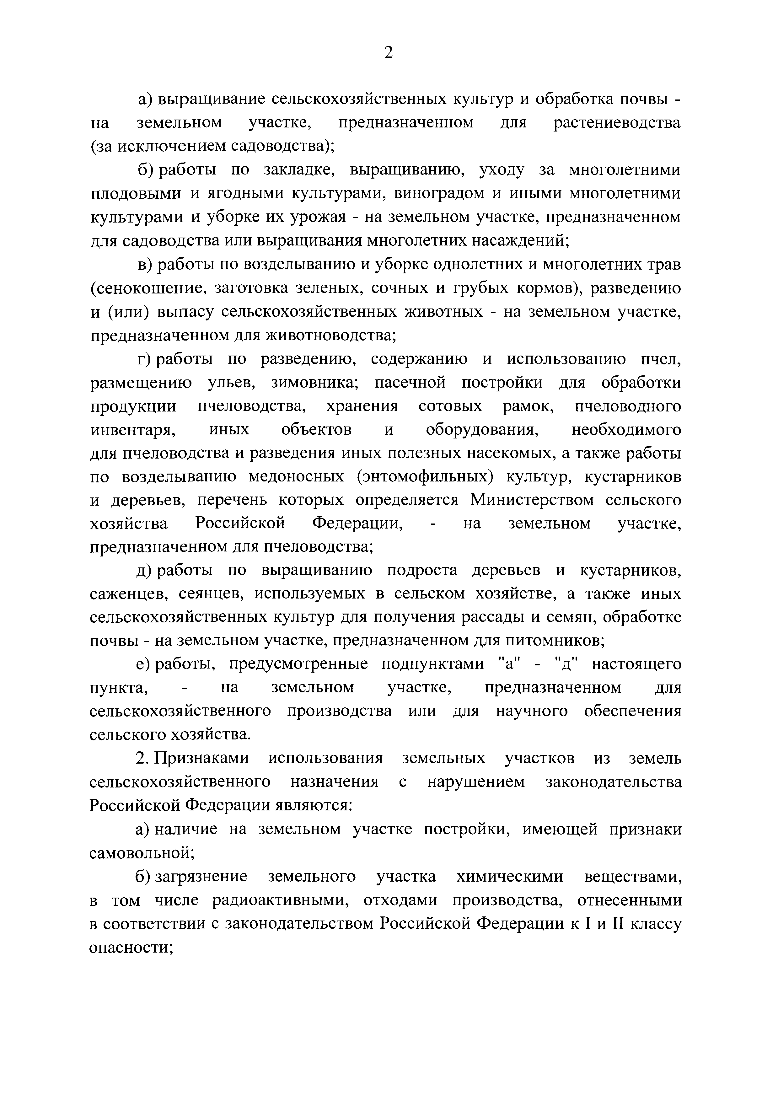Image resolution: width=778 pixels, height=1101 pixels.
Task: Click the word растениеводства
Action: [x=617, y=123]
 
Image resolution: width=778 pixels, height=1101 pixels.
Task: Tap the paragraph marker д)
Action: [x=143, y=571]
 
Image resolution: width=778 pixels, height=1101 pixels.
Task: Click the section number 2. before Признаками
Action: [x=142, y=759]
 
